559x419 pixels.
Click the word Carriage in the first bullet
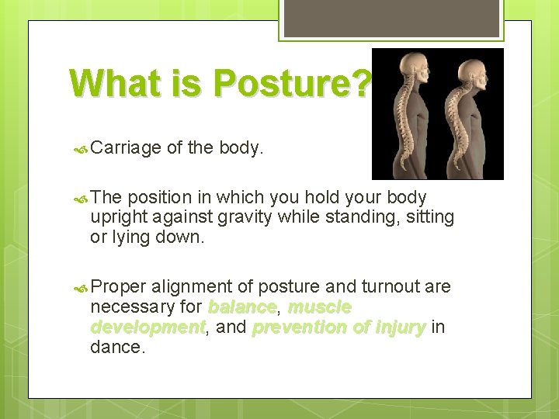124,148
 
